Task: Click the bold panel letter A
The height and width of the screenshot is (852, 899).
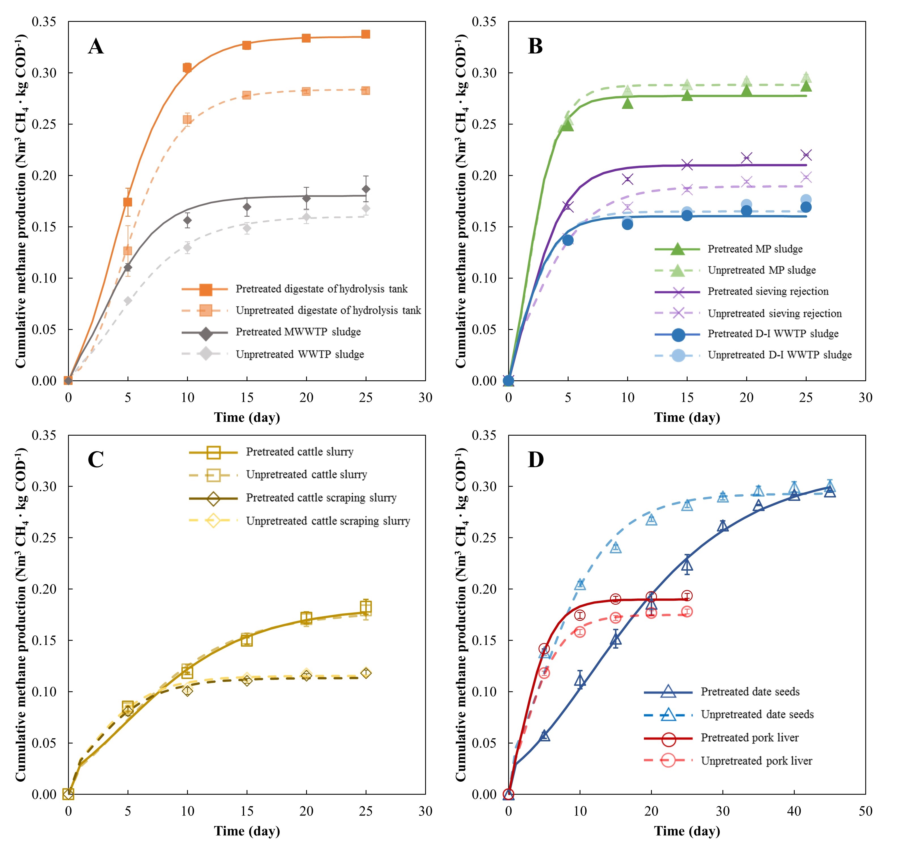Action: point(96,46)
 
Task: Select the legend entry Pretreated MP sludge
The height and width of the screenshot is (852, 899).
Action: point(755,249)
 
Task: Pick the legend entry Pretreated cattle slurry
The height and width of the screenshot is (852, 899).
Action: point(300,452)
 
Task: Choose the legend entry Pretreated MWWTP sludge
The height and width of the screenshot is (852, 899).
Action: point(298,332)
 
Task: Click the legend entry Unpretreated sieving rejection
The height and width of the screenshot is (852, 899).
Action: point(774,313)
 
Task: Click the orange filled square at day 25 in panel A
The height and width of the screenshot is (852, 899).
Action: point(366,35)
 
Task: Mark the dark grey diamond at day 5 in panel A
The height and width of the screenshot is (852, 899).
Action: point(128,267)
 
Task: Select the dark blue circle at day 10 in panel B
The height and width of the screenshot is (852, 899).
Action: point(627,224)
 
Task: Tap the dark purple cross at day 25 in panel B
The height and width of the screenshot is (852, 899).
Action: point(806,155)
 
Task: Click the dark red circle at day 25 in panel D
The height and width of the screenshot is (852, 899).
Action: point(687,596)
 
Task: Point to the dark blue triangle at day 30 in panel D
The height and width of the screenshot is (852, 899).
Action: point(723,526)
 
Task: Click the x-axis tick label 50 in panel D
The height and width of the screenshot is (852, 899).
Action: point(866,811)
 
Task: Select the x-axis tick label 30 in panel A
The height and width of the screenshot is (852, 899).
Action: point(425,398)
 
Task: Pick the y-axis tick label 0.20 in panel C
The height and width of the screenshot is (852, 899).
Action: point(44,589)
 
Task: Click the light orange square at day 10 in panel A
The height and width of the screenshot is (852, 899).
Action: point(187,119)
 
